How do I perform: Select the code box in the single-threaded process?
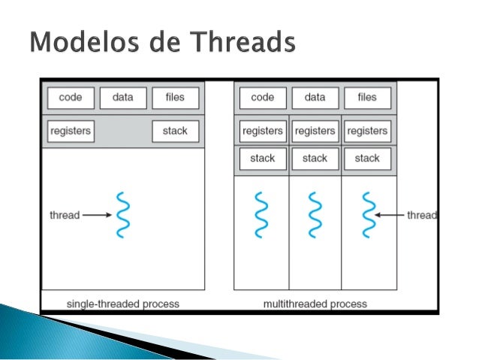tap(71, 98)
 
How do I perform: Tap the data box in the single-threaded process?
tap(123, 98)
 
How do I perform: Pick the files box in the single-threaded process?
tap(176, 98)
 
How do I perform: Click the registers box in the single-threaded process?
tap(71, 131)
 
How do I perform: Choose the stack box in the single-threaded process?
tap(176, 131)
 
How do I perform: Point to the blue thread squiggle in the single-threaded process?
tap(122, 215)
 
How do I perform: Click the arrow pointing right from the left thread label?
tap(96, 215)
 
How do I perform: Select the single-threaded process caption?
tap(123, 304)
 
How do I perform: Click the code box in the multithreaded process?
tap(263, 98)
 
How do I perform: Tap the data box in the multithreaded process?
tap(315, 98)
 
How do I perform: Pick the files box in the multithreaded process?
tap(367, 98)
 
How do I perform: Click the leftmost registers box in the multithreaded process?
tap(263, 131)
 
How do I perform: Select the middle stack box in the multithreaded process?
tap(315, 159)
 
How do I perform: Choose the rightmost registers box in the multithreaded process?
tap(367, 131)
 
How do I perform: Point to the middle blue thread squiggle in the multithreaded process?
tap(315, 215)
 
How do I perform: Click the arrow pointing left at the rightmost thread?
tap(390, 215)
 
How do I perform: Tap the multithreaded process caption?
tap(315, 304)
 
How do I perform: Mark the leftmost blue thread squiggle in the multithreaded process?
tap(262, 215)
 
